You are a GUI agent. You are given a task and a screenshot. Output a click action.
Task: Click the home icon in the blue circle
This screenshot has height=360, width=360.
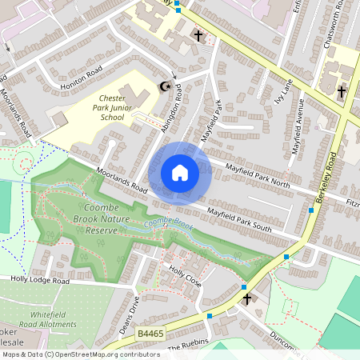pos(180,172)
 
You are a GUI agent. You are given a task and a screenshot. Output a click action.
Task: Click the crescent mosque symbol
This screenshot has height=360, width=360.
pos(166,86)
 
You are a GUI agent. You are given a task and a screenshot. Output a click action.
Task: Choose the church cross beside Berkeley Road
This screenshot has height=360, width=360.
pos(342,92)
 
